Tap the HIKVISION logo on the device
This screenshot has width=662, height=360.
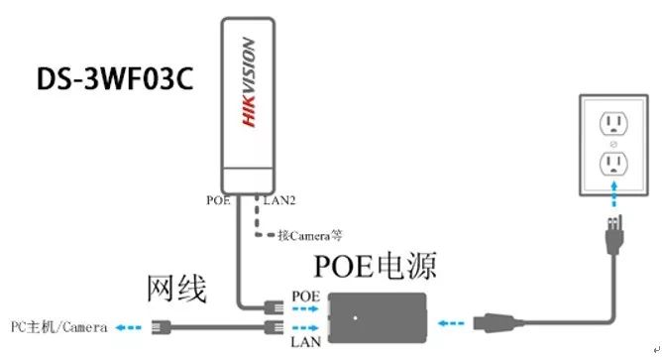pos(248,81)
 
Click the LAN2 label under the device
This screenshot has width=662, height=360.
pos(279,199)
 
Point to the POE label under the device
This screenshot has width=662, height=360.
pos(218,199)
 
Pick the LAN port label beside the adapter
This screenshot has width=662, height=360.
pos(304,341)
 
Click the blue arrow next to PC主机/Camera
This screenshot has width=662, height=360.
pos(127,325)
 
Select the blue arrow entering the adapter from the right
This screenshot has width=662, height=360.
pos(451,321)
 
